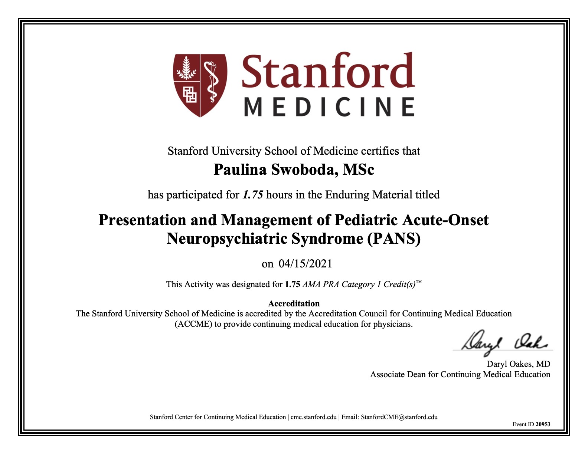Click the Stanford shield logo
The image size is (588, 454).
(x=200, y=85)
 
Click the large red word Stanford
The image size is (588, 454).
(x=328, y=71)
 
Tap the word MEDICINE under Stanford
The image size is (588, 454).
(x=329, y=107)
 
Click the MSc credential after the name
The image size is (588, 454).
(x=358, y=170)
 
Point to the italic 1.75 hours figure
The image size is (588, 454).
(x=253, y=195)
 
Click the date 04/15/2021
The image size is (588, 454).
(x=305, y=264)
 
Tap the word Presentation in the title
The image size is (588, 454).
(x=143, y=220)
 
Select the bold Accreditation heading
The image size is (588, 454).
(x=294, y=303)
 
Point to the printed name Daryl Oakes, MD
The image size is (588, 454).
(x=518, y=364)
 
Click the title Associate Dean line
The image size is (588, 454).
(x=460, y=375)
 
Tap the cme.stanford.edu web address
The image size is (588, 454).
(x=313, y=417)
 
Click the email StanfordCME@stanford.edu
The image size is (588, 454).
(x=399, y=417)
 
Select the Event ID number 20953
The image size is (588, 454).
(x=543, y=424)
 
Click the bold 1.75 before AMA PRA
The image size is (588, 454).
(x=293, y=284)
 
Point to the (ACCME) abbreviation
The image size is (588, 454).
(x=193, y=324)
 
